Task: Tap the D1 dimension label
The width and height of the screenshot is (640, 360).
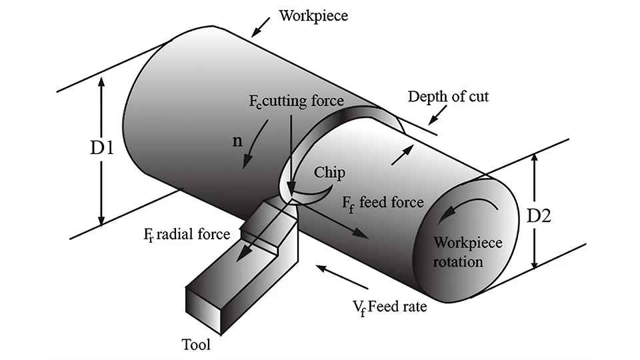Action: coord(102,148)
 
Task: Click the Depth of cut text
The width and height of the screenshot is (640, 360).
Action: coord(448,97)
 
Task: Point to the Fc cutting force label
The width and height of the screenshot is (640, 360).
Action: coord(293,101)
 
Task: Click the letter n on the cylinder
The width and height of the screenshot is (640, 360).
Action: coord(237,143)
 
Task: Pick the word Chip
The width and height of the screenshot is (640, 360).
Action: coord(331,173)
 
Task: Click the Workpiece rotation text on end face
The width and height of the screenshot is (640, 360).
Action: coord(458,251)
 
